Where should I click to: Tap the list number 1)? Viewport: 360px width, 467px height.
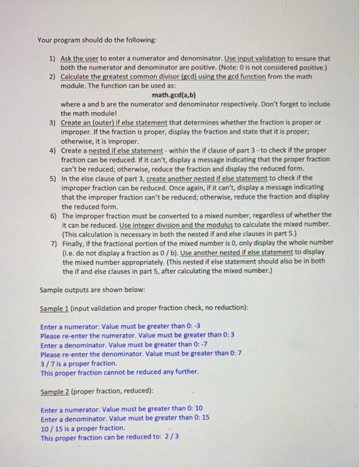tap(53, 59)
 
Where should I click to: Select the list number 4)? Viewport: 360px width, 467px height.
tap(53, 151)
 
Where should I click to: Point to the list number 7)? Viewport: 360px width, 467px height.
tap(53, 242)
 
